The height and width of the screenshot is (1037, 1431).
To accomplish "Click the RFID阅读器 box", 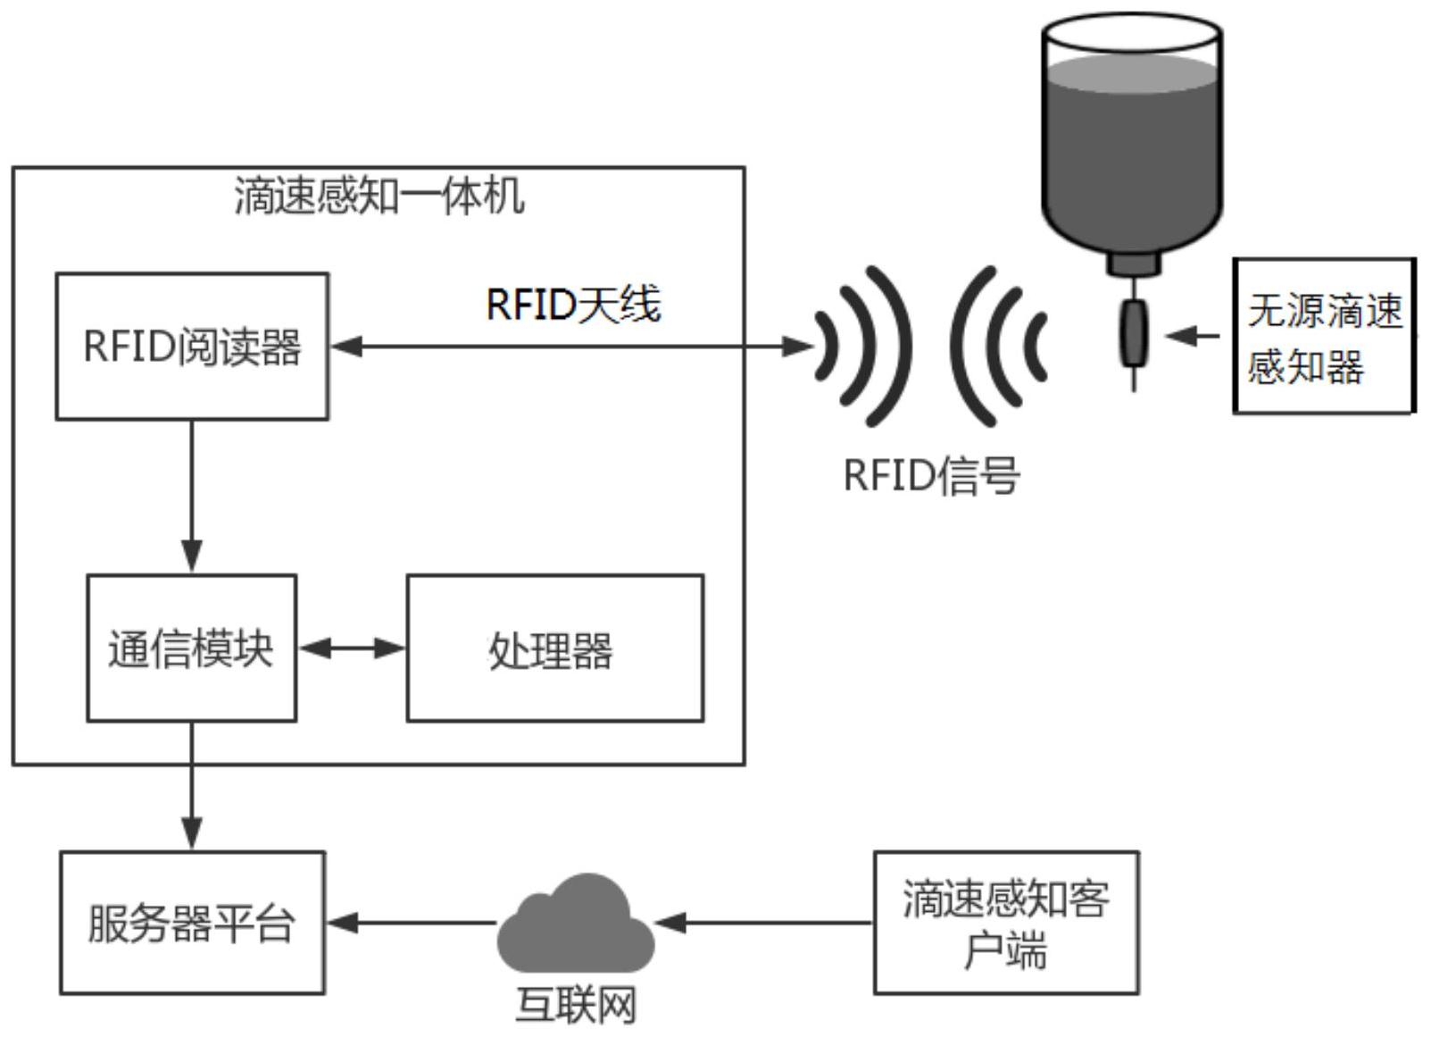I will click(192, 347).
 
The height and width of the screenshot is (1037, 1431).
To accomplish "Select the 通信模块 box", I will click(191, 648).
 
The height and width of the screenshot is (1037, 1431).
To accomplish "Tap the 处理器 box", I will click(554, 648).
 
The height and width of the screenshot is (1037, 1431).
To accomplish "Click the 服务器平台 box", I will click(192, 922).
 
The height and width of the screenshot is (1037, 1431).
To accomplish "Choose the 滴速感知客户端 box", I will click(1005, 922).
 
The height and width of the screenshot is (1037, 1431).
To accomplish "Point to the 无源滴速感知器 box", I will click(1323, 336).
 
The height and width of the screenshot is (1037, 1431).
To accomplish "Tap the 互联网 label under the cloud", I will click(576, 1006).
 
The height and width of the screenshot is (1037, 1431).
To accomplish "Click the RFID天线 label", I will click(572, 305).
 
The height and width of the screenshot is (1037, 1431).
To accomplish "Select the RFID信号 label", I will click(931, 475).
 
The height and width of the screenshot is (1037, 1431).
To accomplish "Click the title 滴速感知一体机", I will click(379, 196).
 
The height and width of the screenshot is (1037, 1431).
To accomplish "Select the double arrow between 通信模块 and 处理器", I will click(352, 648).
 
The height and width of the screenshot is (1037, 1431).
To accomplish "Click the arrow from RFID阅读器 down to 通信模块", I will click(192, 496).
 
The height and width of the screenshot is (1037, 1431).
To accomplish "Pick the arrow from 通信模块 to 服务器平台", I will click(192, 786).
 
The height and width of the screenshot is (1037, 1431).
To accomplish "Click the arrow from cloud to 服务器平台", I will click(411, 922).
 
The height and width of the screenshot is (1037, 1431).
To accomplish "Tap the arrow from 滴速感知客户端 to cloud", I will click(763, 922).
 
